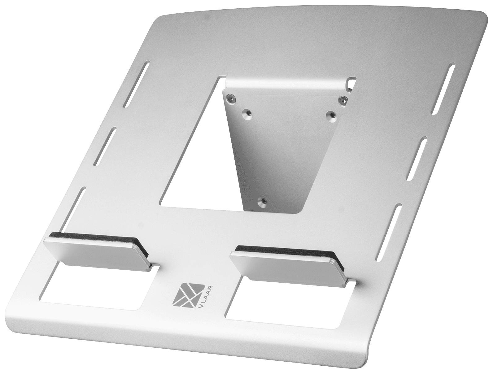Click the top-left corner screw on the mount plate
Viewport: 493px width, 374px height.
(x=231, y=98)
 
